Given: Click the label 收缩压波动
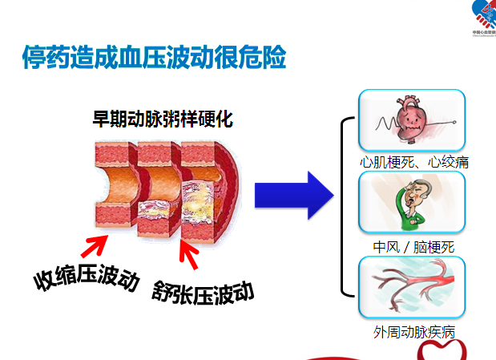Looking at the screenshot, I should point(87,277).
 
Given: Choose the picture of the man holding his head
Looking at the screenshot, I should point(412,202).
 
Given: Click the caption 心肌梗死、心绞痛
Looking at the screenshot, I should point(413,162).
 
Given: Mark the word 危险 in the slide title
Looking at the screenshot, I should point(264,59).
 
